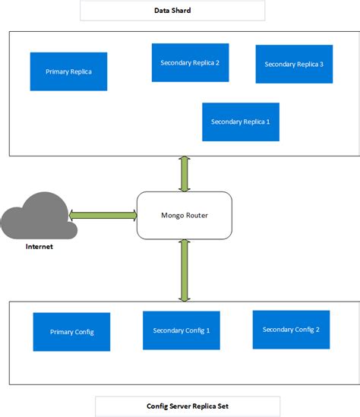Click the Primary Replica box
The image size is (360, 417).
(68, 71)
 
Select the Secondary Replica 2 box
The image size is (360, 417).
(190, 62)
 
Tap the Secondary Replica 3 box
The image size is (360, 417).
(294, 65)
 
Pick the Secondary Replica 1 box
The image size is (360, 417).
(241, 122)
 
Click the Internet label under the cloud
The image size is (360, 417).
(39, 247)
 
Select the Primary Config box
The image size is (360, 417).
(71, 332)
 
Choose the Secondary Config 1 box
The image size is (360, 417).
(182, 330)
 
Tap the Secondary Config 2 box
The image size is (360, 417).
(291, 329)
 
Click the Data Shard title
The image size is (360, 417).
(172, 10)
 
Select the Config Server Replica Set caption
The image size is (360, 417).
(188, 406)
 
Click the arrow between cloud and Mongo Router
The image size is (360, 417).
(103, 215)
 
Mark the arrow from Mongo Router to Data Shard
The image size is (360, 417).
(183, 174)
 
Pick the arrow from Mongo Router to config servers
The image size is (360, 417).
(183, 270)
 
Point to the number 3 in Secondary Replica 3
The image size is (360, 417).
(321, 65)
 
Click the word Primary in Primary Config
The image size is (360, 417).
(61, 332)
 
